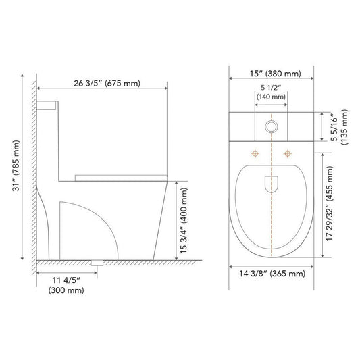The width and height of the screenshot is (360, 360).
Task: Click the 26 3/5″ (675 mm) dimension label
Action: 107,83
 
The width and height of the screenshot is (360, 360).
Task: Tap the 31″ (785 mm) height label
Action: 16,165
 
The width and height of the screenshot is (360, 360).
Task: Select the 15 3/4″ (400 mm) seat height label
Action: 184,221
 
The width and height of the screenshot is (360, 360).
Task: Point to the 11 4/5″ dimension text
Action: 66,280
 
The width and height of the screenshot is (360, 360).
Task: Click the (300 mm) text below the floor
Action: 66,290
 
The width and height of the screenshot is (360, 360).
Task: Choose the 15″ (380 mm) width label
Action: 275,74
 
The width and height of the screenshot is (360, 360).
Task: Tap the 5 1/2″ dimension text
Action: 271,88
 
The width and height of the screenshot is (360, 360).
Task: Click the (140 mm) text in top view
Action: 271,97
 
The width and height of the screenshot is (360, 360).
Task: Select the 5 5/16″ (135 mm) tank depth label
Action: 340,127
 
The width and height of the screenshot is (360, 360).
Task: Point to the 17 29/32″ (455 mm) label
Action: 330,203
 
